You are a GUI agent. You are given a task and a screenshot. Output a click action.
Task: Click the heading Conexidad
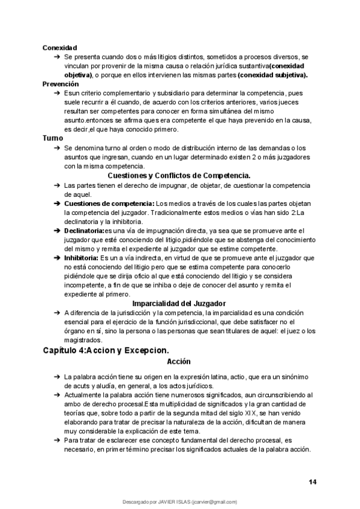pyautogui.click(x=59, y=47)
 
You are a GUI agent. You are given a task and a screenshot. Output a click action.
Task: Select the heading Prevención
pyautogui.click(x=60, y=84)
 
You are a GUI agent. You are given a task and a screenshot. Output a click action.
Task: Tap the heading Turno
pyautogui.click(x=52, y=138)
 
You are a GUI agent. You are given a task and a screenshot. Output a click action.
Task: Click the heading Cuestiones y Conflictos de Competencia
pyautogui.click(x=178, y=175)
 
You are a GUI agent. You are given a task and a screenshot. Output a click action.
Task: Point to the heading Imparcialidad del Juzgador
pyautogui.click(x=178, y=303)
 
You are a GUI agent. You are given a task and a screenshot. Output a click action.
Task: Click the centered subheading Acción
pyautogui.click(x=179, y=362)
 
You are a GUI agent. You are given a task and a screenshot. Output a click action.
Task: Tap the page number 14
pyautogui.click(x=313, y=482)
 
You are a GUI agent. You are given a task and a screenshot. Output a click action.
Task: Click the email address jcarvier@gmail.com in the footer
pyautogui.click(x=215, y=502)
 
